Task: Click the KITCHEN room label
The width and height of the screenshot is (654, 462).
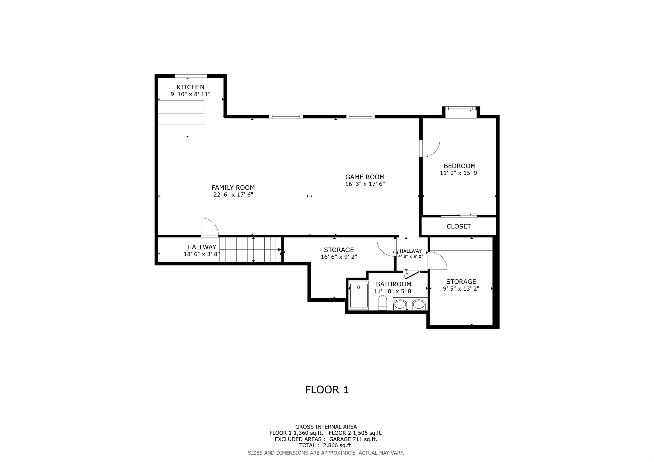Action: pos(190,87)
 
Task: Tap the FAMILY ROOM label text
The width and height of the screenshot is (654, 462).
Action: pos(233,188)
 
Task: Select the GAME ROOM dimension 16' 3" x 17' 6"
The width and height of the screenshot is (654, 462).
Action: pos(365,184)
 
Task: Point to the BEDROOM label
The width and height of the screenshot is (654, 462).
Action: pos(460,166)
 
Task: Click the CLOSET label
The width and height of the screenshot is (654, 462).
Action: pos(459,227)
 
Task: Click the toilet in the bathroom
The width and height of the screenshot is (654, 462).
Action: pos(382,302)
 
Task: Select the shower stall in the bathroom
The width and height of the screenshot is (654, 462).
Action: pos(359,295)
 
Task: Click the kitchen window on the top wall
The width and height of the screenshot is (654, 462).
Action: pos(191,76)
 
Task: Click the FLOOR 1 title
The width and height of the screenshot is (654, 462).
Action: pos(327,390)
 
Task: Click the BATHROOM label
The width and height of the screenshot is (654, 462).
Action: pos(393,284)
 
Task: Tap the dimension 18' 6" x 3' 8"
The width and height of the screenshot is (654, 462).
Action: pos(202,254)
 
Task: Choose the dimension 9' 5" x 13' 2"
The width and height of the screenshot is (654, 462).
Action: pos(461,289)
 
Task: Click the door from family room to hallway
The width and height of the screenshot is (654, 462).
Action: pos(209,227)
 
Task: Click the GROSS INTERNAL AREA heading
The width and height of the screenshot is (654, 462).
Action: pos(326,427)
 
